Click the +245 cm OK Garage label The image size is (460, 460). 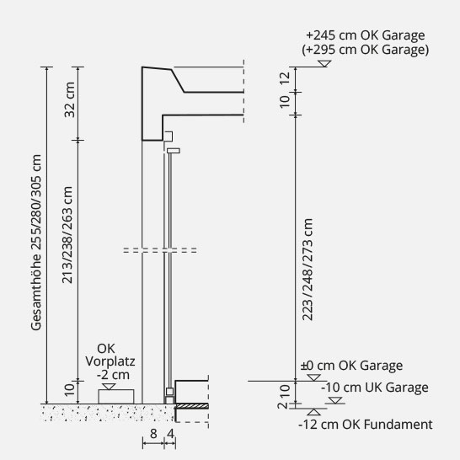[366, 35]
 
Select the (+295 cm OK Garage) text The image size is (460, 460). [366, 50]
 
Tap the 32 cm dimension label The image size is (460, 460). [70, 99]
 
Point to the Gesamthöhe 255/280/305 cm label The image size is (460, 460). [36, 243]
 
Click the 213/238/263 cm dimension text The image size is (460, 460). [67, 235]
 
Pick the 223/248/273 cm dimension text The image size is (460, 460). [308, 270]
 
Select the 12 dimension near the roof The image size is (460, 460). [285, 78]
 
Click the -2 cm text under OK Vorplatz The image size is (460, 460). [113, 375]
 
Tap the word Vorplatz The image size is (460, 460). [110, 361]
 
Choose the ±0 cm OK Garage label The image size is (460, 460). [351, 366]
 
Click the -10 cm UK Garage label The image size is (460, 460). [375, 388]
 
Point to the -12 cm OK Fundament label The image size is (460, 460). [366, 425]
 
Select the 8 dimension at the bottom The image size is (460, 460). [153, 434]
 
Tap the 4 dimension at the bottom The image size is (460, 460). [170, 434]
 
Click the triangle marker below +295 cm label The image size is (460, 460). [324, 64]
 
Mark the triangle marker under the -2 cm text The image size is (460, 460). [109, 387]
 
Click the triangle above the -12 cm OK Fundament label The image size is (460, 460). [313, 412]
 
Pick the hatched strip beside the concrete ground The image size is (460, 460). [192, 406]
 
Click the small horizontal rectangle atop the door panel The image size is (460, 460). [174, 151]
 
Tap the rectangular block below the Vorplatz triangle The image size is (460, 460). [116, 397]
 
